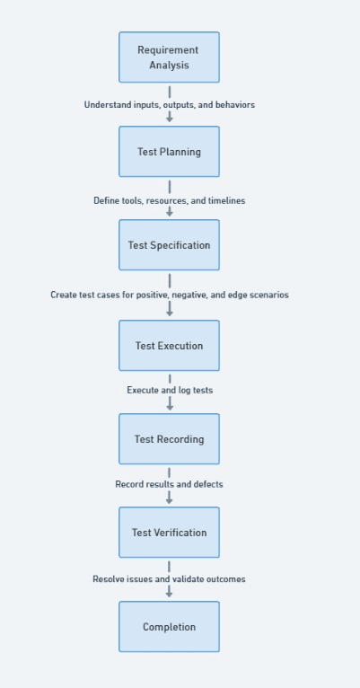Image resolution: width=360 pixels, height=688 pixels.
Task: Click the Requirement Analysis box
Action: point(169,57)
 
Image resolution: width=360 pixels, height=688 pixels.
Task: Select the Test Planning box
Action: point(169,152)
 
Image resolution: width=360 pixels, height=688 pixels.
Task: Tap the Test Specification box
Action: point(169,245)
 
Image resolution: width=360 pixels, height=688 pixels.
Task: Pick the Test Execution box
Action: point(169,346)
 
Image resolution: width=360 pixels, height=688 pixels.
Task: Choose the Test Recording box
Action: point(169,439)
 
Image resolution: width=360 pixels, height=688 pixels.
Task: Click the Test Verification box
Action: point(169,533)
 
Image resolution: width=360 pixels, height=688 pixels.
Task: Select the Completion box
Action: point(169,627)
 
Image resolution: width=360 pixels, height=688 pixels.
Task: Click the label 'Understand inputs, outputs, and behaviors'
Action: point(169,105)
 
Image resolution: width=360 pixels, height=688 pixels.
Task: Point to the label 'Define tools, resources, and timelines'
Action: point(169,201)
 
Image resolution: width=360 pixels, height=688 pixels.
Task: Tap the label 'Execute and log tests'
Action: point(169,391)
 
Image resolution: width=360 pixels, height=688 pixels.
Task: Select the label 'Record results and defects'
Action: point(169,484)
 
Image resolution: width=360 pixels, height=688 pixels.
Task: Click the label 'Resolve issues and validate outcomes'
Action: point(169,579)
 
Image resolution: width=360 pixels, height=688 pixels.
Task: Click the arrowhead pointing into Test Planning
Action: point(169,119)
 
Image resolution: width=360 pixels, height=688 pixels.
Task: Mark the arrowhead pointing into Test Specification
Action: point(169,213)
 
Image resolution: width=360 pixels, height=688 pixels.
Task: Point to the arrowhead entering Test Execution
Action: point(169,313)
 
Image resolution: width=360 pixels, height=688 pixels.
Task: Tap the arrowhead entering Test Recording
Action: point(169,406)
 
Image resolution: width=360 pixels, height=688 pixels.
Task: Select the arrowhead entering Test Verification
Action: point(169,499)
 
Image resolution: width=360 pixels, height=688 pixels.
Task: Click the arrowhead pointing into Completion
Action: point(169,594)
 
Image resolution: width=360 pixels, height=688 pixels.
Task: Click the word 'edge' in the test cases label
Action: point(237,295)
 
